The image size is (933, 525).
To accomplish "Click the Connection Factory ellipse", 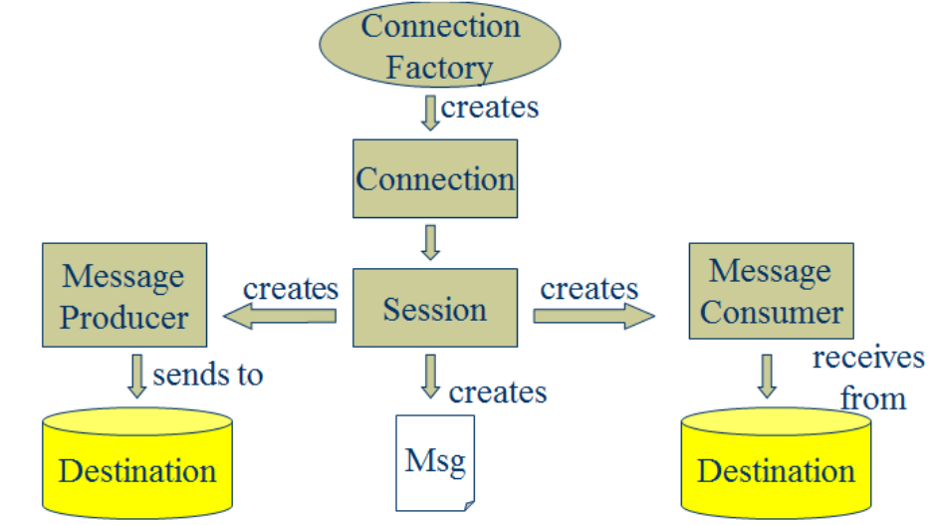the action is (440, 45).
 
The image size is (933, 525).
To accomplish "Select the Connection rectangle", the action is (435, 178).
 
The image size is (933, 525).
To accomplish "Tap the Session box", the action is (435, 308).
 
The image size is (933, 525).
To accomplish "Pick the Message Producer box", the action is (124, 295).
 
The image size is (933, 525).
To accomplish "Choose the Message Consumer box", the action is (771, 291).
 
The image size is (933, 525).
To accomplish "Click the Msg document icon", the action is (435, 463).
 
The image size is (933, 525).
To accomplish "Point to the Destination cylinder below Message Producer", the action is (137, 462).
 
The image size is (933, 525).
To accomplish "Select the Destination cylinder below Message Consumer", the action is (776, 462).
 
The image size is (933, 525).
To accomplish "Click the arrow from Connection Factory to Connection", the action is (430, 114).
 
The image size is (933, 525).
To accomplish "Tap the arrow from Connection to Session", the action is (430, 242).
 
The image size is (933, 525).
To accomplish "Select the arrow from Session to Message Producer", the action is (280, 316).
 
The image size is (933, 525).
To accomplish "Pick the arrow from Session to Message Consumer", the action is (593, 316).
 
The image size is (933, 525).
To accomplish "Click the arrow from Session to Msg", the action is (430, 377).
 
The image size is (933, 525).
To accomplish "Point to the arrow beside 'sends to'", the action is (136, 377).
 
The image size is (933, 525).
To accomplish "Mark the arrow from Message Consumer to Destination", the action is (767, 377).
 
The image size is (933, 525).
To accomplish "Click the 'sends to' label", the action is (208, 375).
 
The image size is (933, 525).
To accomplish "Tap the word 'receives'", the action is (868, 358).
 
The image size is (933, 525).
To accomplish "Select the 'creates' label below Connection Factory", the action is (490, 108).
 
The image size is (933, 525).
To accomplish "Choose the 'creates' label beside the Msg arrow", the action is (498, 393).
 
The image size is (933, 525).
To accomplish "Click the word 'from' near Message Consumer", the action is (873, 398).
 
